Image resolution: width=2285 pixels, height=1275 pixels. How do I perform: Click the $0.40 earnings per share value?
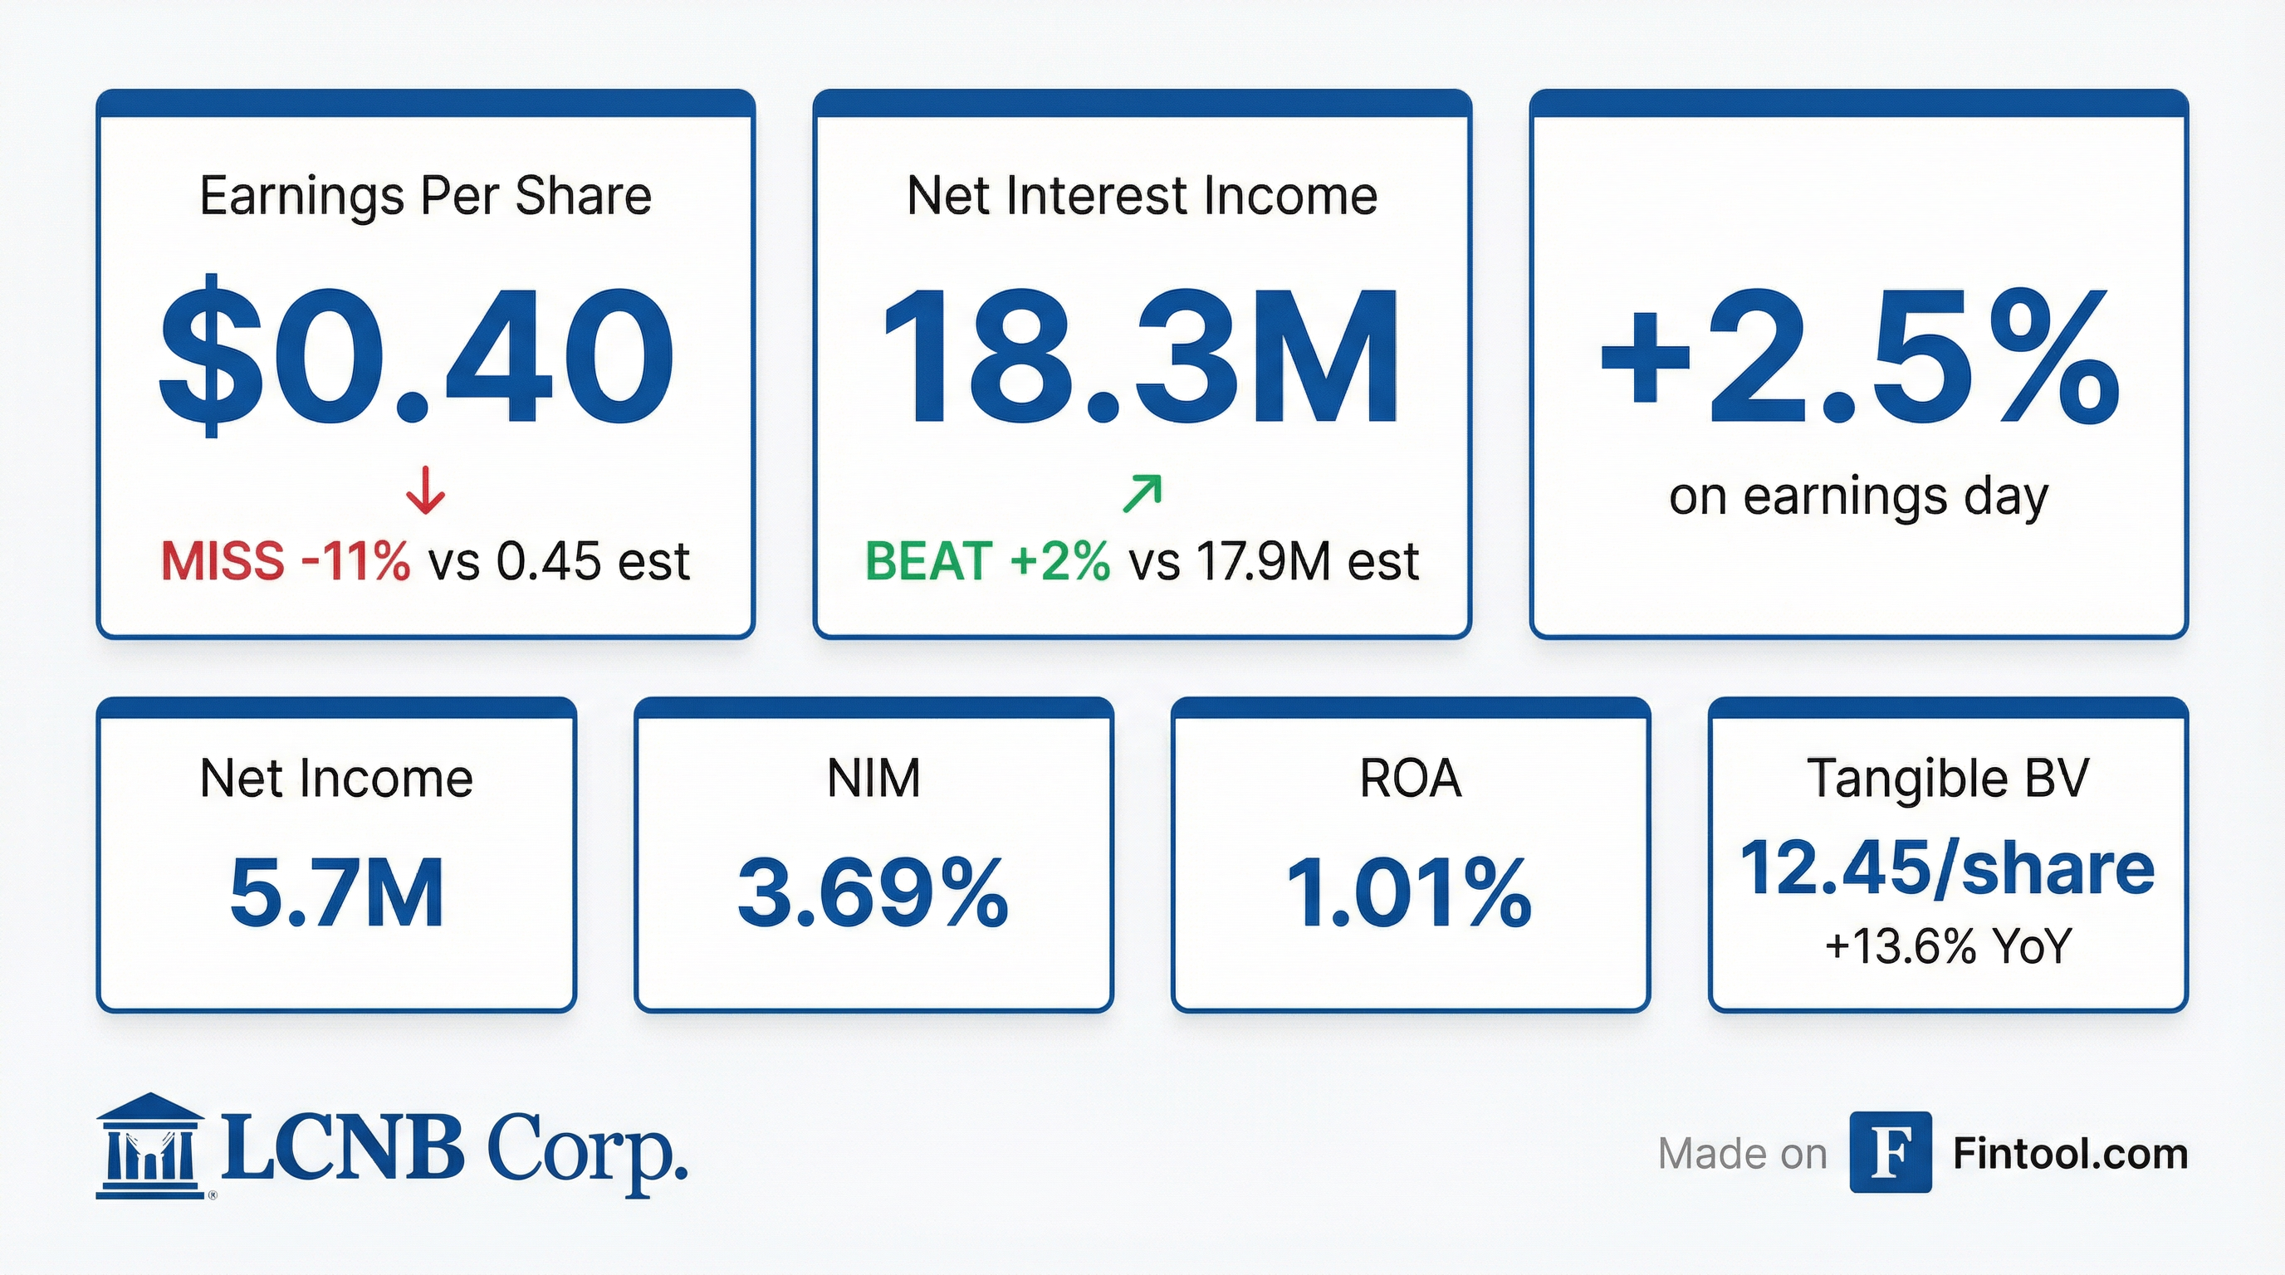(x=417, y=354)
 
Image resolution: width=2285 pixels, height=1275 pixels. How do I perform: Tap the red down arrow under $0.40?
(x=426, y=491)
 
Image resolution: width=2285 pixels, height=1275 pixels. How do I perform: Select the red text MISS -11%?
(x=286, y=561)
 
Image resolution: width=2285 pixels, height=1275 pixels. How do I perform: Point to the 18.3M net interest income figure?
(x=1142, y=356)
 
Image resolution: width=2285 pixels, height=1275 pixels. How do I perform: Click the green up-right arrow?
(x=1142, y=493)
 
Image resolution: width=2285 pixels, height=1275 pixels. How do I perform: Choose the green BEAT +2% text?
(x=987, y=561)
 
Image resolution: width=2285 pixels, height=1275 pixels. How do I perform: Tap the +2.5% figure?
(x=1859, y=356)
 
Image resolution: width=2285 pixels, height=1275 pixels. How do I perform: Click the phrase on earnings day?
(x=1859, y=496)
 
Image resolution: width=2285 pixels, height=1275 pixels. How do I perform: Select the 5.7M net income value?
(x=337, y=893)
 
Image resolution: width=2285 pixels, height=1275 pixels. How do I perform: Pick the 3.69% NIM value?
(x=873, y=893)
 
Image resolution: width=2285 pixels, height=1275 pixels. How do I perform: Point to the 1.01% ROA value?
(x=1410, y=893)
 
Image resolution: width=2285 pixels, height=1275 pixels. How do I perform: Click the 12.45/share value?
(x=1948, y=869)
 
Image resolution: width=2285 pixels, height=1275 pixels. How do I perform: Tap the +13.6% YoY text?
(x=1948, y=947)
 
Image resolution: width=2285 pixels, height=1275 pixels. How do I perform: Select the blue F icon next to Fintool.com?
(x=1891, y=1152)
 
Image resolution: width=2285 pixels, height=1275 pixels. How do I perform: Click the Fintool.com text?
(x=2070, y=1154)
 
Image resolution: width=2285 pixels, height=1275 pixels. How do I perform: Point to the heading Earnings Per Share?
(x=426, y=196)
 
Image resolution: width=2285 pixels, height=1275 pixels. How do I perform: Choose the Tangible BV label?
(x=1948, y=779)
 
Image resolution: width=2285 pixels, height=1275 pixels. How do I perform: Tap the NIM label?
(x=873, y=779)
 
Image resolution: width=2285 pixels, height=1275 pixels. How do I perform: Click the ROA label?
(x=1411, y=779)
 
